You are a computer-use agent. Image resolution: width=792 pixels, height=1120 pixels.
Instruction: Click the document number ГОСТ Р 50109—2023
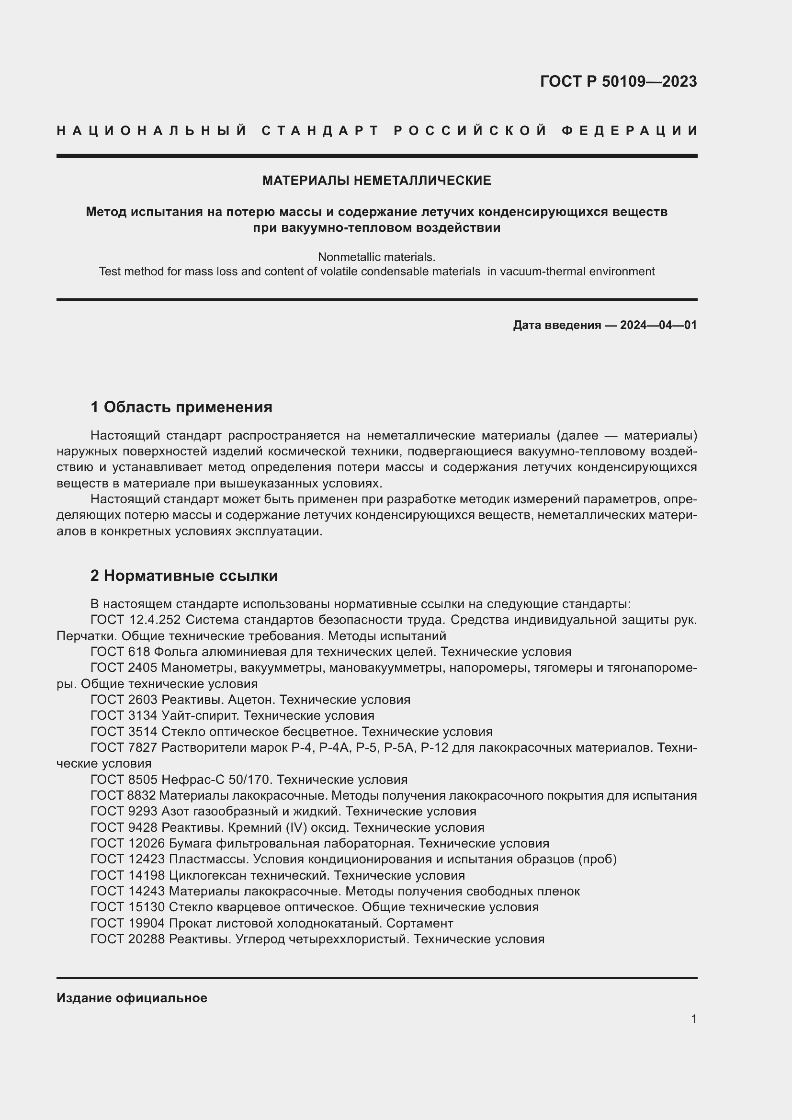618,81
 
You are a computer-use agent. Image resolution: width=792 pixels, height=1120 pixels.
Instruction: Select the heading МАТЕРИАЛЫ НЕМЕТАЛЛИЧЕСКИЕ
376,181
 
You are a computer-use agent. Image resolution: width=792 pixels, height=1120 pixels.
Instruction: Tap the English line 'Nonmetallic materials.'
376,257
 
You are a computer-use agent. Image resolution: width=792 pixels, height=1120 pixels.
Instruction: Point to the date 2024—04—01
658,325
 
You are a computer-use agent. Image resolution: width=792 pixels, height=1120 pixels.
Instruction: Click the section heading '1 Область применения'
181,407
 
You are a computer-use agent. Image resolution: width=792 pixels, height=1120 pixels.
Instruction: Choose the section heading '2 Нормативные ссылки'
184,576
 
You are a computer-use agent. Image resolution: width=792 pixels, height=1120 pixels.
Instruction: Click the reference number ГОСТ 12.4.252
136,620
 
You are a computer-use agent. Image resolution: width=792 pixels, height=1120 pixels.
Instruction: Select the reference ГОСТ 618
120,652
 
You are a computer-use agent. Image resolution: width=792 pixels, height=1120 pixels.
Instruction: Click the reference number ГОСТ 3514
124,732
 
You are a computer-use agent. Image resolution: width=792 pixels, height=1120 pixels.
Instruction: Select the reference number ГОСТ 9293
124,811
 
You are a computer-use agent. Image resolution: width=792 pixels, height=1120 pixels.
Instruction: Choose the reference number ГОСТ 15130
128,907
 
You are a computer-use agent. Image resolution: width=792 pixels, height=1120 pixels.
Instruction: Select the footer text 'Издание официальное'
132,998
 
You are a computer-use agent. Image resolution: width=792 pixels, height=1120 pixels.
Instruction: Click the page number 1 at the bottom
694,1018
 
